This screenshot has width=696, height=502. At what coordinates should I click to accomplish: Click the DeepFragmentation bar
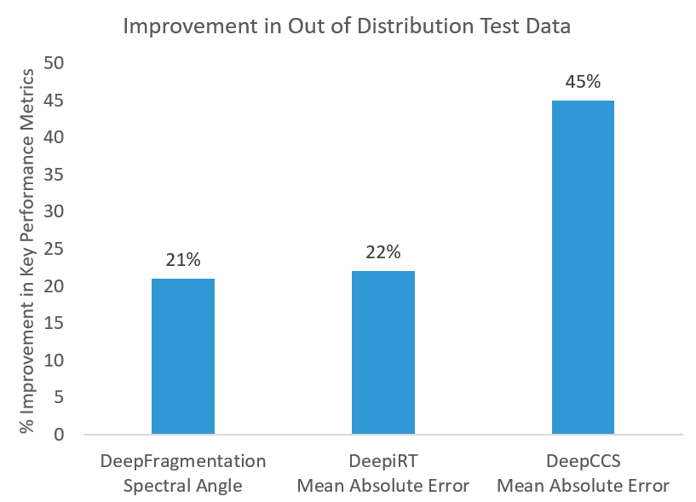tap(183, 356)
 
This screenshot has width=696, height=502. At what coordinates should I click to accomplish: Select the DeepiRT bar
tap(383, 352)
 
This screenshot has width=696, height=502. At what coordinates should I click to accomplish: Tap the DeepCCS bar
tap(583, 267)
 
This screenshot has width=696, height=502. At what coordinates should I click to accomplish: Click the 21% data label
tap(183, 260)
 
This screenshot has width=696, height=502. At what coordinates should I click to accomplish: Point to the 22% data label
tap(383, 252)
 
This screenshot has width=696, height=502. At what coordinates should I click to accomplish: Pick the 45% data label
tap(583, 82)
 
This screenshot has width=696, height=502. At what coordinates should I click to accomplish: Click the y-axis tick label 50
tap(54, 63)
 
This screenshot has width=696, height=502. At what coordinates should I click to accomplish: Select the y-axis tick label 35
tap(54, 175)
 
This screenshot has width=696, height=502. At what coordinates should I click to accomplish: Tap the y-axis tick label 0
tap(59, 434)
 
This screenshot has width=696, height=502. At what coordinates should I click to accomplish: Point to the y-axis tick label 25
tap(54, 249)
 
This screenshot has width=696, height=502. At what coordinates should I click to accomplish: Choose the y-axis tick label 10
tap(54, 360)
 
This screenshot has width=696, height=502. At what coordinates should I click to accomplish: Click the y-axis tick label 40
tap(54, 137)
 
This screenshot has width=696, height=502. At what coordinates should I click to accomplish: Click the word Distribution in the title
tap(416, 26)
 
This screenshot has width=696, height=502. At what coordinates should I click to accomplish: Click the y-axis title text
tap(27, 251)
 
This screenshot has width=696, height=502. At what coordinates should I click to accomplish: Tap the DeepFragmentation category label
tap(183, 462)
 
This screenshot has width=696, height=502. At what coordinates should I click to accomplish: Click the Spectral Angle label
tap(183, 486)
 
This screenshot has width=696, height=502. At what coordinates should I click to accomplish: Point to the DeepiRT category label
tap(383, 461)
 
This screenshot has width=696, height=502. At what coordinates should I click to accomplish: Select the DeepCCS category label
tap(584, 461)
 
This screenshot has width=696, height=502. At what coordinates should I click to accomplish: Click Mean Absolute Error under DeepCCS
tap(584, 486)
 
